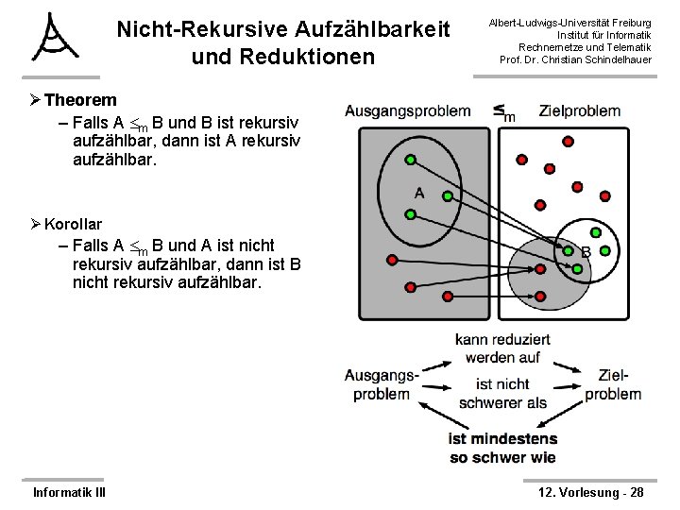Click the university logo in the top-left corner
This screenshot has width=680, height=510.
[55, 38]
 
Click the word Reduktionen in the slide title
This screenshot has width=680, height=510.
[282, 57]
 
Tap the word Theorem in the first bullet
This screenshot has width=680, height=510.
[80, 100]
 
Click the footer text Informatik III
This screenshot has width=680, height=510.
[69, 492]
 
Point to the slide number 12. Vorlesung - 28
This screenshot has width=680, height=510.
[590, 492]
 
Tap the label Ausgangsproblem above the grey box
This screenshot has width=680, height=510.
[407, 110]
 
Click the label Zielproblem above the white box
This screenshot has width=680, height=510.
[580, 110]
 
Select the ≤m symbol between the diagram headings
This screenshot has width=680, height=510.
[504, 111]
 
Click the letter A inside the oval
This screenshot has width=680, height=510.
[419, 195]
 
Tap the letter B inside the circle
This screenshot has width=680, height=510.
[586, 252]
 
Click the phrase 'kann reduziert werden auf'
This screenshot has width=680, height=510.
[497, 348]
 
